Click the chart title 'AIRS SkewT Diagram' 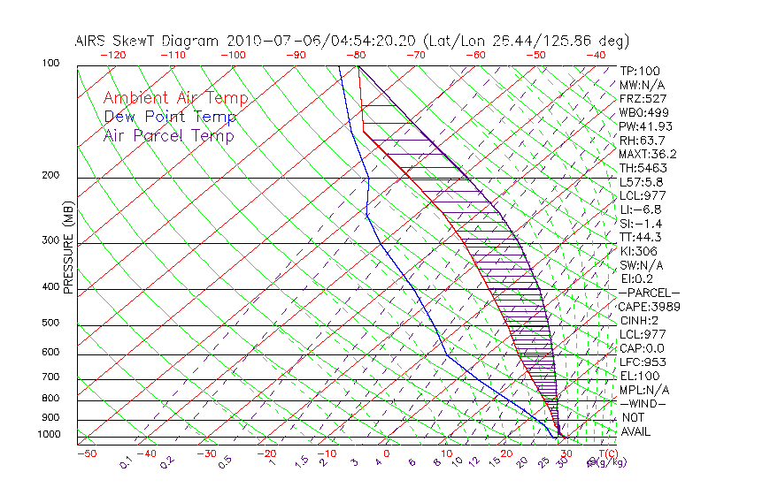pos(147,41)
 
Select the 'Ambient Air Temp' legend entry pos(175,98)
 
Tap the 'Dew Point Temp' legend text pos(169,117)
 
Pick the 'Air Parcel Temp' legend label pos(168,135)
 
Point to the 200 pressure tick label pos(52,175)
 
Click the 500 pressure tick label pos(52,324)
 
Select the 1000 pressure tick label pos(50,434)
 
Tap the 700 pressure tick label pos(52,378)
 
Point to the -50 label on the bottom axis pos(86,453)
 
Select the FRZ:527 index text pos(643,98)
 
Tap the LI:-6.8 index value pos(642,209)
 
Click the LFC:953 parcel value pos(643,362)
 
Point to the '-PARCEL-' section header pos(649,293)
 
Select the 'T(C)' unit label pos(607,453)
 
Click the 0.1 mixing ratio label pos(126,461)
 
